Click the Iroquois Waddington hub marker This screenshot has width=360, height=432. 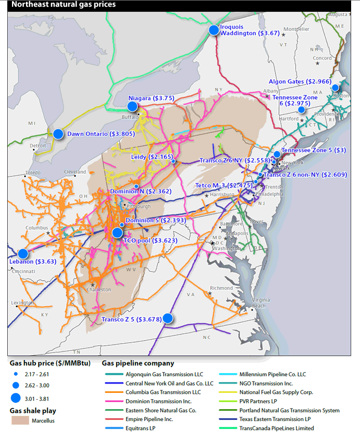click(x=214, y=30)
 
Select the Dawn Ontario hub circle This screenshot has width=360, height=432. click(x=58, y=133)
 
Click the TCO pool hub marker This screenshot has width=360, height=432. click(x=117, y=232)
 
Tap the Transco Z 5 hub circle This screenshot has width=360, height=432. click(x=168, y=318)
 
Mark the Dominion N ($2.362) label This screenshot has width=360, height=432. click(x=140, y=191)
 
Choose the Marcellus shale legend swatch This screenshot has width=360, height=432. click(x=21, y=420)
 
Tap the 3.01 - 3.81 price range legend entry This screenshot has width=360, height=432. click(x=36, y=399)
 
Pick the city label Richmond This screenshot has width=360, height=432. click(x=221, y=288)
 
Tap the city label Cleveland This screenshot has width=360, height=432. click(x=75, y=172)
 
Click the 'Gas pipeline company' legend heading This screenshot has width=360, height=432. click(x=138, y=363)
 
